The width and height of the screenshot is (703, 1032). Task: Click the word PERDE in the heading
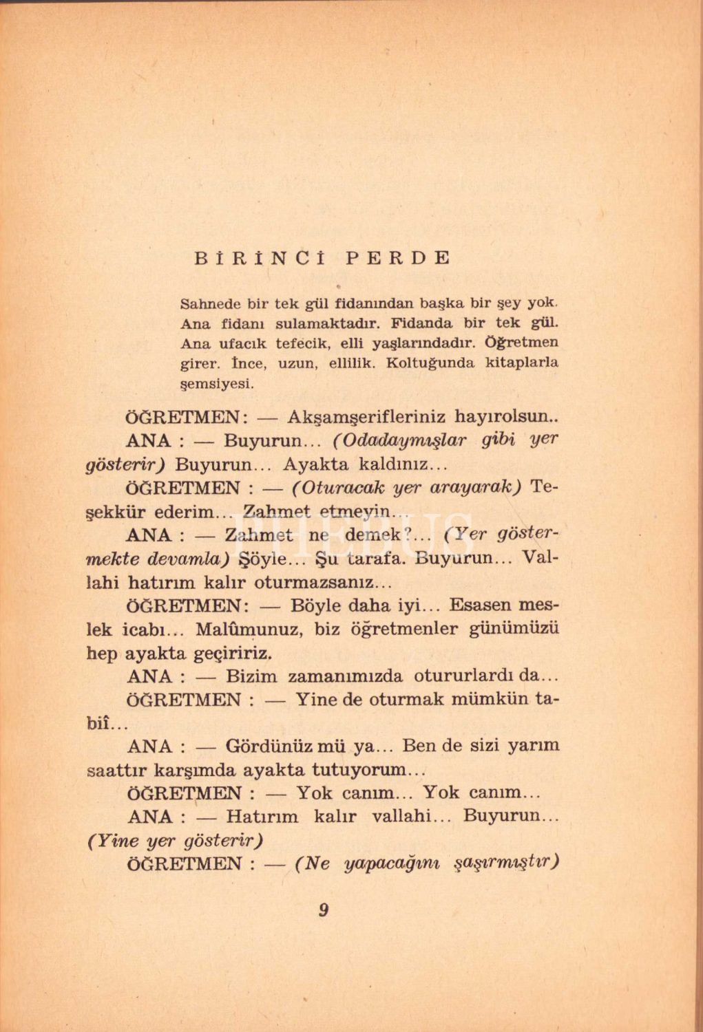[x=398, y=258]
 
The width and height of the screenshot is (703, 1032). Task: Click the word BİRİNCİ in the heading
[x=260, y=258]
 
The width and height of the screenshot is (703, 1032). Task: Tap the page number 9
[x=324, y=910]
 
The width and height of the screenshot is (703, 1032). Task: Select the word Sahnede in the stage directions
[x=210, y=303]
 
